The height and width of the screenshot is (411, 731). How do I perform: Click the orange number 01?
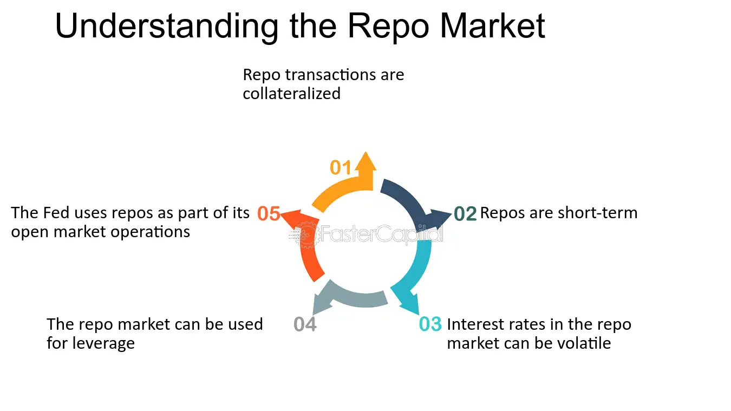click(341, 168)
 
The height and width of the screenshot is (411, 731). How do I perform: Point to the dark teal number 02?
click(465, 214)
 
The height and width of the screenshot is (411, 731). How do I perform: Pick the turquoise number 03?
click(430, 324)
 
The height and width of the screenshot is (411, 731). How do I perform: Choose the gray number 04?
click(305, 324)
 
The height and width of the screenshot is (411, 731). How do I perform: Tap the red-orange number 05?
click(269, 214)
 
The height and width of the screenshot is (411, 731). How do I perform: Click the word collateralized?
click(291, 93)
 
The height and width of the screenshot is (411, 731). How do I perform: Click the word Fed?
click(56, 213)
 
